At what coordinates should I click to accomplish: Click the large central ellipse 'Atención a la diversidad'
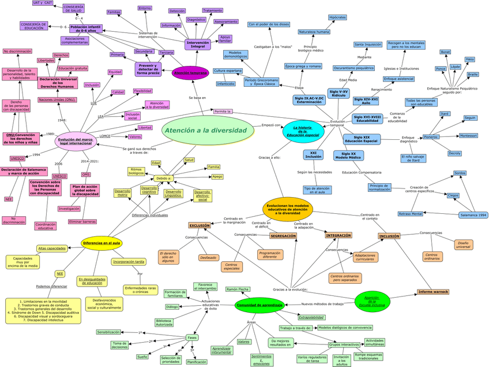205,131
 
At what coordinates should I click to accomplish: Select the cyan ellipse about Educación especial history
303,131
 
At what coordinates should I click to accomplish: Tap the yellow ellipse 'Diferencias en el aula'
101,243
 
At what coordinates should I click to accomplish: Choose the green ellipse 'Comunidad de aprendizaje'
259,305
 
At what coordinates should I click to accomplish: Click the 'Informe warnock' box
433,292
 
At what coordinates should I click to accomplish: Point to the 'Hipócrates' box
337,18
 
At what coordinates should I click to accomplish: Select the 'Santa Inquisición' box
368,44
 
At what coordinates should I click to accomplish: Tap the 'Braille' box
473,75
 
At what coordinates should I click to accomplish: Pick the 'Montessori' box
468,136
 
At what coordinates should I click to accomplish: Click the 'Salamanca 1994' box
473,214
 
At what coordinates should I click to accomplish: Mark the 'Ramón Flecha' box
238,289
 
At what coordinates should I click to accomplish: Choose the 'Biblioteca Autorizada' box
164,322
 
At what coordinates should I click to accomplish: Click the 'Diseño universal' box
463,244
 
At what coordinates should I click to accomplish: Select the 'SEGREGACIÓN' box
283,236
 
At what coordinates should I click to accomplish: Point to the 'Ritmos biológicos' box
137,170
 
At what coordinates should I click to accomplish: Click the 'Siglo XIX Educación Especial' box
362,139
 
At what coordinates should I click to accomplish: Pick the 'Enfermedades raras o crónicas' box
140,290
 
